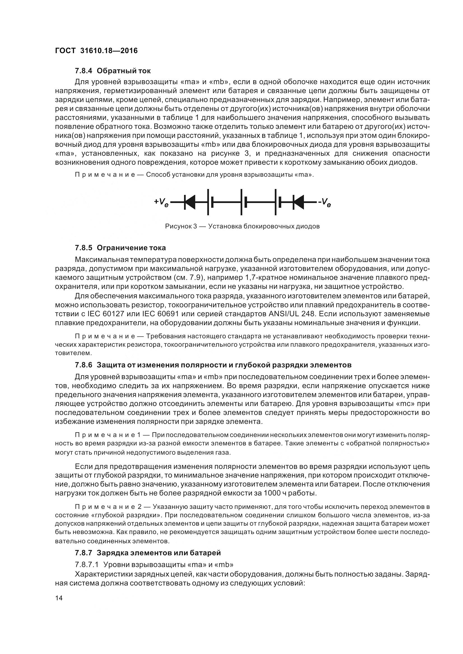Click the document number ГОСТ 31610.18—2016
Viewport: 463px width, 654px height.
pos(96,51)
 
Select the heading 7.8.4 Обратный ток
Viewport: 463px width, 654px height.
pos(113,71)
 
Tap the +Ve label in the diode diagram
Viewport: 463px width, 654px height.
pos(161,202)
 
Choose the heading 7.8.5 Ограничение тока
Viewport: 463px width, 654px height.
pos(120,248)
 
